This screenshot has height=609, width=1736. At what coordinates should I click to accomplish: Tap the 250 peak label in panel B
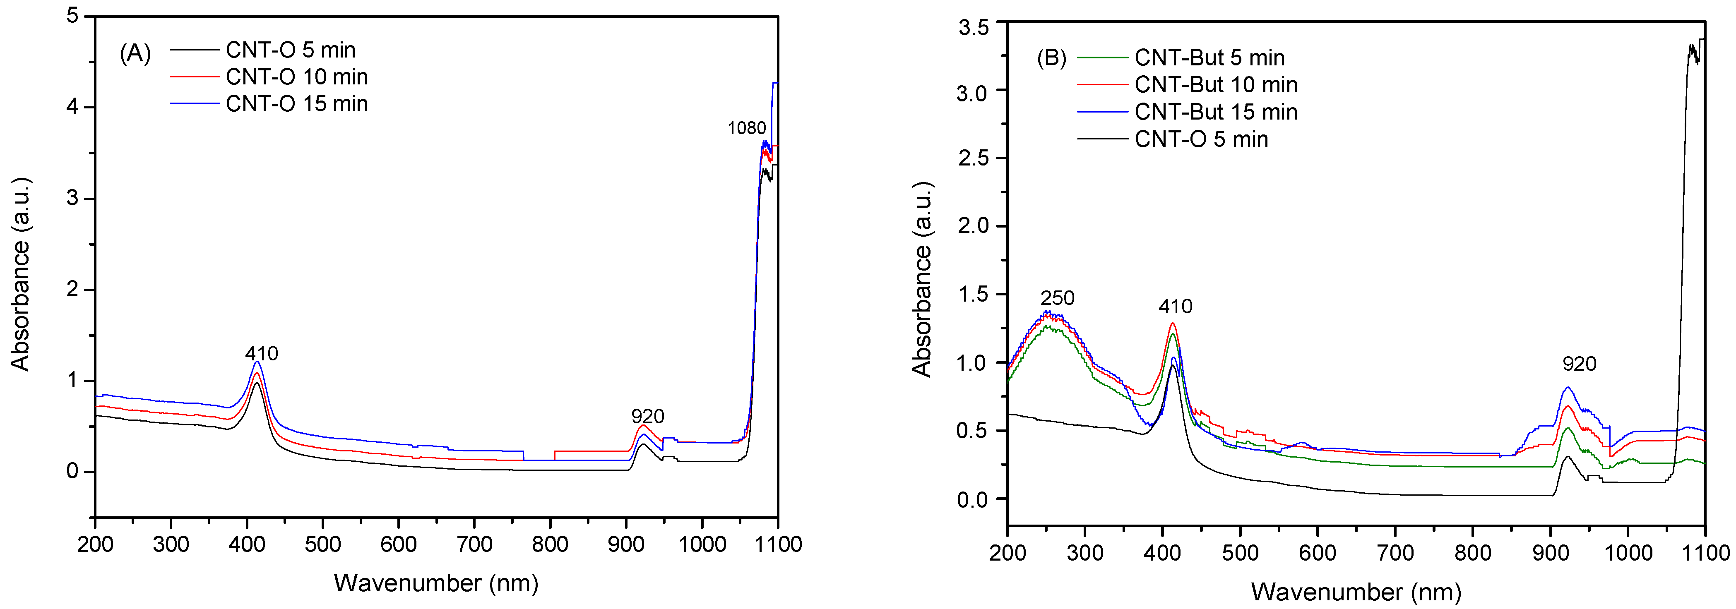point(1057,298)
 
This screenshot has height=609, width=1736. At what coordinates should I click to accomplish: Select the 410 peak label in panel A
point(262,353)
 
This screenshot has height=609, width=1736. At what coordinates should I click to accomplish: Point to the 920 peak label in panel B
point(1579,364)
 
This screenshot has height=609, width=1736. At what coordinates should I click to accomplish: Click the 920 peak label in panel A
point(648,416)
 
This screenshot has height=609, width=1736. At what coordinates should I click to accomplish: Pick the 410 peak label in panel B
point(1175,307)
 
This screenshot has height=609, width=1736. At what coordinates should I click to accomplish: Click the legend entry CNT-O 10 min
point(296,77)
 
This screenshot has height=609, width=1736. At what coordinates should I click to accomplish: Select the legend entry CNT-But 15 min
point(1216,112)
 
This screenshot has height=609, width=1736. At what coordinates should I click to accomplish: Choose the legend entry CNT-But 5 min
point(1209,58)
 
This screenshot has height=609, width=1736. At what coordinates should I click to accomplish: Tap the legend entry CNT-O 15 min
point(296,104)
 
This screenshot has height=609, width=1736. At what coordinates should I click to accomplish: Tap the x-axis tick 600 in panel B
point(1318,553)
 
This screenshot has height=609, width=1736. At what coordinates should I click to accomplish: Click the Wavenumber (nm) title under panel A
point(436,583)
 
